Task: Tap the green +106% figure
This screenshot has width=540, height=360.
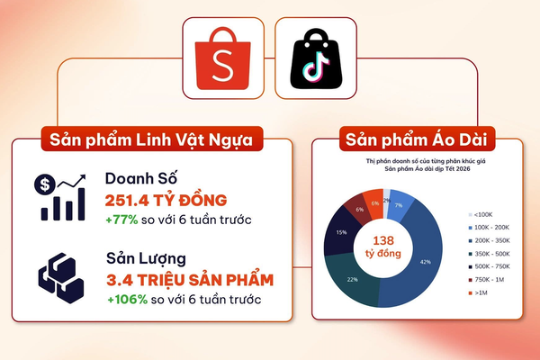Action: pyautogui.click(x=127, y=298)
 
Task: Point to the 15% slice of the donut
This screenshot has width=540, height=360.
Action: pyautogui.click(x=341, y=232)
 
